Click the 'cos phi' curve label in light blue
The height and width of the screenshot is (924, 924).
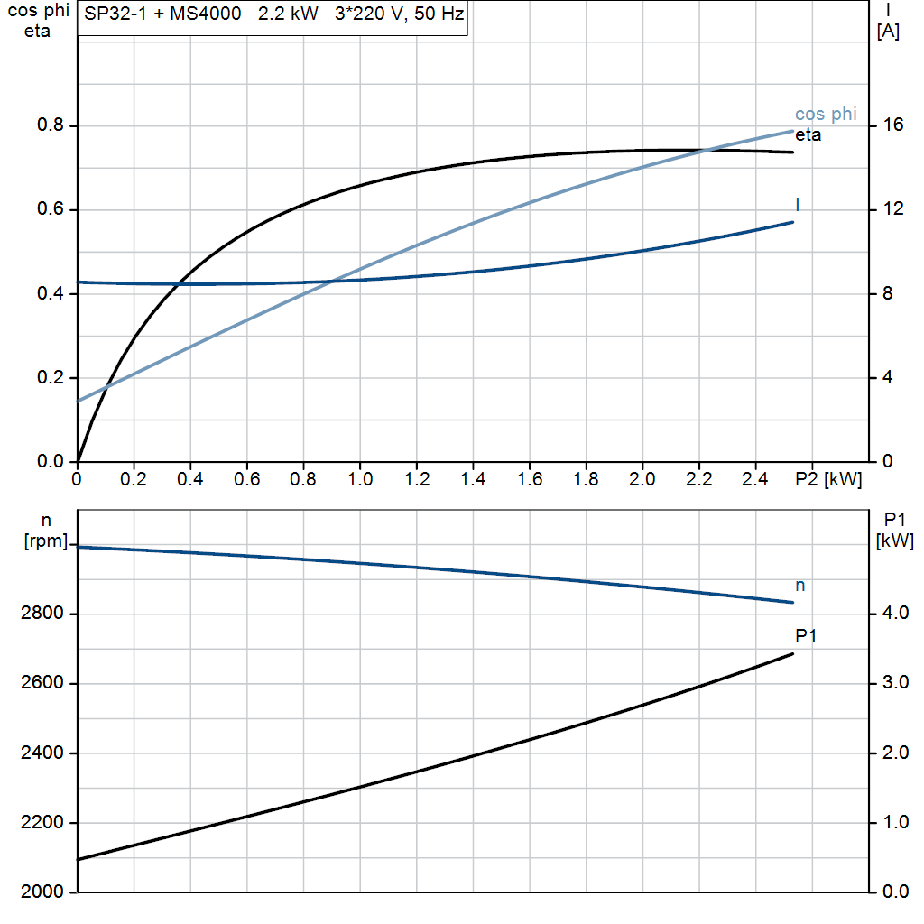(x=826, y=115)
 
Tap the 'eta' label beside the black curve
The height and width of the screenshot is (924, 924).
(x=808, y=135)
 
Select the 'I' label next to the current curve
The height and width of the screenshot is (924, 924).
(x=798, y=204)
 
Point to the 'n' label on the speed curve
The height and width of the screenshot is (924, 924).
(x=799, y=586)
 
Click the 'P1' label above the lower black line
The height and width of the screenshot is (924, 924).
(x=807, y=636)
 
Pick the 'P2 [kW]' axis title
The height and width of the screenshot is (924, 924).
(x=828, y=479)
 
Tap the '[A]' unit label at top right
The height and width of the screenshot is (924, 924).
(x=888, y=32)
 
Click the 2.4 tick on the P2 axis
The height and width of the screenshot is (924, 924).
(x=755, y=479)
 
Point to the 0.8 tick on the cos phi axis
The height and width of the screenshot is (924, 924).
(x=51, y=125)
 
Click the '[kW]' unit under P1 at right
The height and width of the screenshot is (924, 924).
(x=895, y=541)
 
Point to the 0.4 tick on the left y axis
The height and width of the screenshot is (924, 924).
(x=51, y=294)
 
